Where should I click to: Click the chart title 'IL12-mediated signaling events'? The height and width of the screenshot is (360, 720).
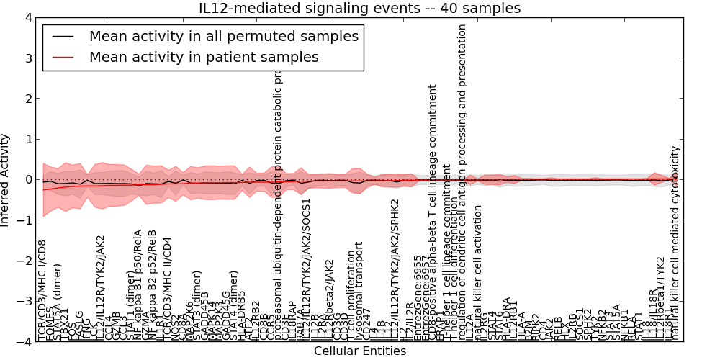click(x=359, y=9)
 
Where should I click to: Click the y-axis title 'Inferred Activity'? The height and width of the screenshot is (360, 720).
click(x=6, y=179)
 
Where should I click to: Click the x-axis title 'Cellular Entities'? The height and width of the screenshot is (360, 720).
click(x=359, y=351)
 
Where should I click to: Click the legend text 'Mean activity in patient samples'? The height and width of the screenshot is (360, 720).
click(x=204, y=57)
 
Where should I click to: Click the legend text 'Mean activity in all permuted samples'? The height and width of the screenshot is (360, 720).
click(x=223, y=37)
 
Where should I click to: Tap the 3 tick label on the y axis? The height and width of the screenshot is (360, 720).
click(x=26, y=58)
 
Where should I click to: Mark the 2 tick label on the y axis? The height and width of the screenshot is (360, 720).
click(x=26, y=99)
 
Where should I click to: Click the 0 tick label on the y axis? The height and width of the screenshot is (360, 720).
click(x=26, y=180)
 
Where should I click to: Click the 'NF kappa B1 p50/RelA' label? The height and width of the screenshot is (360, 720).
click(x=138, y=289)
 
